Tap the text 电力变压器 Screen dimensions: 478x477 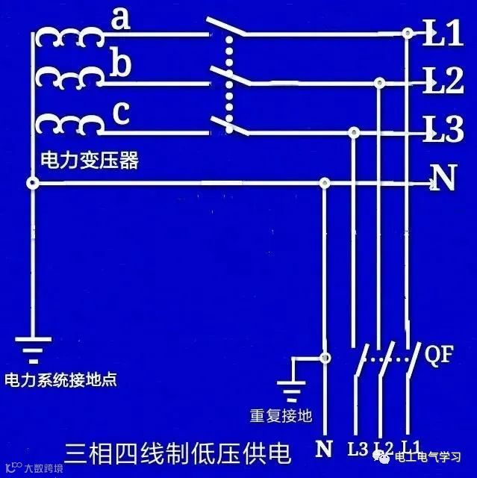90,160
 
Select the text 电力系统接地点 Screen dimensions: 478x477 60,380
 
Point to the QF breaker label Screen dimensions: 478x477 439,355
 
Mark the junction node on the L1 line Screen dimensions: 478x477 407,33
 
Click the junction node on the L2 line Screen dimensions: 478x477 380,81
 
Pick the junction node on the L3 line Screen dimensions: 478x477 354,132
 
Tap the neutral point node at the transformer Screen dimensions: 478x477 31,183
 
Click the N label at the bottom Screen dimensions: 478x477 324,450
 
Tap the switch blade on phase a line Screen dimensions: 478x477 225,28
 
